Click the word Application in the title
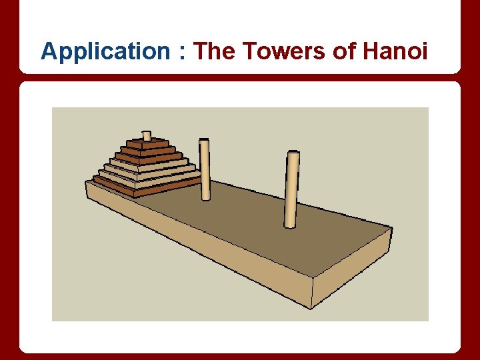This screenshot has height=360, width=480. point(105,51)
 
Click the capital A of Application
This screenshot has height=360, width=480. point(48,51)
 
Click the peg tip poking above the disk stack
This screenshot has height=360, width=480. point(147,135)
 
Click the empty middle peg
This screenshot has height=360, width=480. point(205,170)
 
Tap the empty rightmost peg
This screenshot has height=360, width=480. point(291,190)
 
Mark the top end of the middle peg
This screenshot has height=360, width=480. point(204,141)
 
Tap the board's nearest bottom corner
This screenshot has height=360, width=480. point(311,309)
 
